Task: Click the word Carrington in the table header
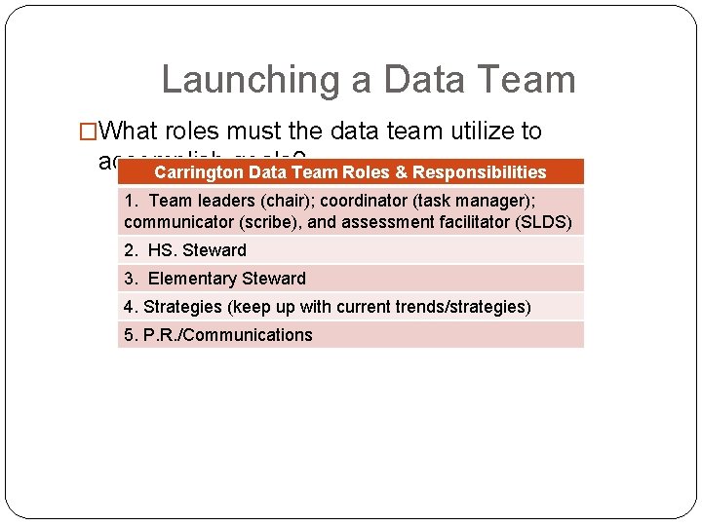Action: pyautogui.click(x=199, y=172)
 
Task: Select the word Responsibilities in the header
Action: pyautogui.click(x=480, y=172)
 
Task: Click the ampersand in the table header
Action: pyautogui.click(x=401, y=172)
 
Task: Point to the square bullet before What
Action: pyautogui.click(x=88, y=131)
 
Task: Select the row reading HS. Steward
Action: pyautogui.click(x=185, y=250)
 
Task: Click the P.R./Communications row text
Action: pyautogui.click(x=218, y=335)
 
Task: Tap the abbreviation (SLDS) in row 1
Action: pyautogui.click(x=548, y=222)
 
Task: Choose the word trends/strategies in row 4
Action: pyautogui.click(x=459, y=307)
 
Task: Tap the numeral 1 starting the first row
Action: pyautogui.click(x=130, y=201)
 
